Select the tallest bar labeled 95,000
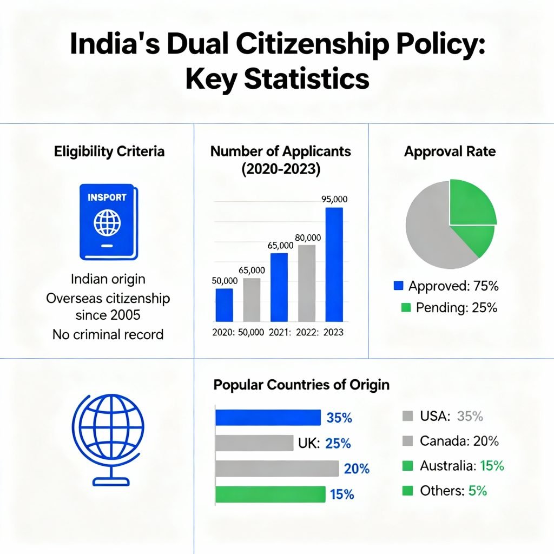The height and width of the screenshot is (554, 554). point(334,265)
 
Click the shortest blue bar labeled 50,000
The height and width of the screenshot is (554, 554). point(224,305)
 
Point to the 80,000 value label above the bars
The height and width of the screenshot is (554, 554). point(308,238)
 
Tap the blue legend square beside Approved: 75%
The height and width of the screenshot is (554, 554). point(399,286)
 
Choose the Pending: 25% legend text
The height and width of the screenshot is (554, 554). point(456,308)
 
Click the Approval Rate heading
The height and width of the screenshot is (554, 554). point(450,151)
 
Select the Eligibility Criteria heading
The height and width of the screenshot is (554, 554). point(109,151)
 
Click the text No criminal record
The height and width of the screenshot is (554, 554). point(108,334)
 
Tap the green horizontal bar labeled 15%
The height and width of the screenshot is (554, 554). point(271,494)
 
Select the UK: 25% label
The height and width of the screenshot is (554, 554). point(324,444)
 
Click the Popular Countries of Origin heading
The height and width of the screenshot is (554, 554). point(301,385)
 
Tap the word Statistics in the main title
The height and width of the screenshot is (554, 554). point(306,79)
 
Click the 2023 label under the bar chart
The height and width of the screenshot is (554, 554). point(333,332)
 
